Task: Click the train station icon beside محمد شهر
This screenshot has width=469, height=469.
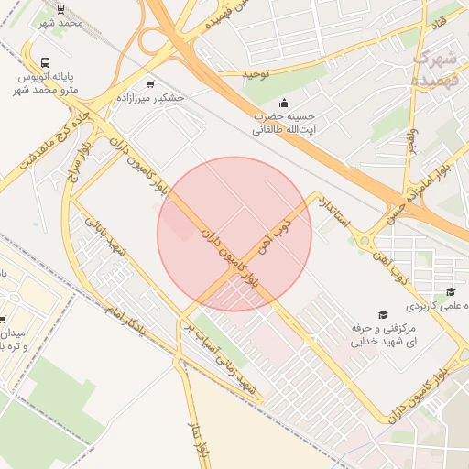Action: coord(60,9)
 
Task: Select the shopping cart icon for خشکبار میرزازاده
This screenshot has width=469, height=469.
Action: coord(150,83)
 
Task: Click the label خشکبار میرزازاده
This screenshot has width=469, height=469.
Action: coord(151,97)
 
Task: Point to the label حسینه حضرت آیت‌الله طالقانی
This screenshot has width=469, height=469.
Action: coord(284,123)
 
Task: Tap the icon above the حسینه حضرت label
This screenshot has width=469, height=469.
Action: coord(285,103)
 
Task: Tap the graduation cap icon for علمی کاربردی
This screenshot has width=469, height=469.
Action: coord(451,292)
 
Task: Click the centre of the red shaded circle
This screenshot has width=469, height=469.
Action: coord(234,234)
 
